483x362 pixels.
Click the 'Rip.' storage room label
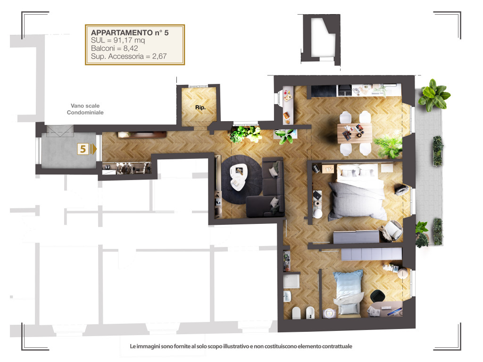(x=200, y=107)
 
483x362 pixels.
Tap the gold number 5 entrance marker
(x=83, y=149)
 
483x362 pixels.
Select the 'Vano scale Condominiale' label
(x=85, y=109)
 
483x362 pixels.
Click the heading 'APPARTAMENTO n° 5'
(x=130, y=33)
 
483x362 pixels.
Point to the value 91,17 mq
(x=129, y=41)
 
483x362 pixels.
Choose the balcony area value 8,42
(x=131, y=49)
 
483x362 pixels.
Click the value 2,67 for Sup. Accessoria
(x=159, y=57)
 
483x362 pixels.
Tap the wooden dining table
(x=355, y=133)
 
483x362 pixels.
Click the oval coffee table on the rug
(x=239, y=177)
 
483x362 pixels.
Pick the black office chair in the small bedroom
(x=377, y=296)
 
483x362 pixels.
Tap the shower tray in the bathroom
(x=291, y=281)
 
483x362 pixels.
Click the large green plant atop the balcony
(x=434, y=95)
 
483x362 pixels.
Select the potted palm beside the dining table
(x=389, y=147)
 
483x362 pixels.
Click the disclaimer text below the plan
(x=241, y=346)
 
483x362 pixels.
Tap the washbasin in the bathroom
(x=287, y=296)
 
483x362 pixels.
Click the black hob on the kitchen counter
(x=345, y=90)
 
